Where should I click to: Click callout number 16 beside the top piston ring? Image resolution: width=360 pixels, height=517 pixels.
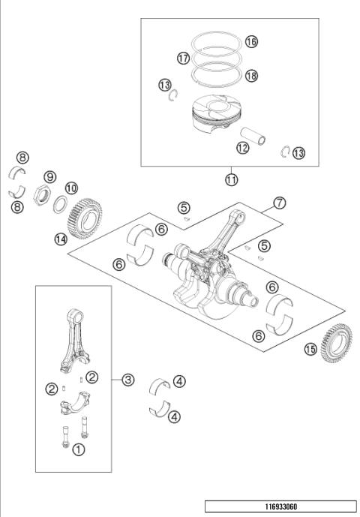tap(250, 42)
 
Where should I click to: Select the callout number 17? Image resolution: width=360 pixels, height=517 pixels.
tap(183, 58)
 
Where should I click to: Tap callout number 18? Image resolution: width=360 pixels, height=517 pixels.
tap(250, 76)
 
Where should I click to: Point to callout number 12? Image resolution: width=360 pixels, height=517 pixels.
tap(241, 148)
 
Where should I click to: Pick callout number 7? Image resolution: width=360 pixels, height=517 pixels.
tap(279, 203)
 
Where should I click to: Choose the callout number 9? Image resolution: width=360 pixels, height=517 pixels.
tap(50, 176)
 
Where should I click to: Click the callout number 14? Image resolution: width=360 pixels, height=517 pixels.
tap(60, 239)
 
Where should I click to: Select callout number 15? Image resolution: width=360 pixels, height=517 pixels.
tap(310, 348)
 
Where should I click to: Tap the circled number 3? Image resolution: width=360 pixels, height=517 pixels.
tap(128, 380)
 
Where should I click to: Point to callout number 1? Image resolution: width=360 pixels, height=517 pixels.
tap(78, 449)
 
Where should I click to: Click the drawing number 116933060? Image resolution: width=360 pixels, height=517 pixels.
tap(280, 506)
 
